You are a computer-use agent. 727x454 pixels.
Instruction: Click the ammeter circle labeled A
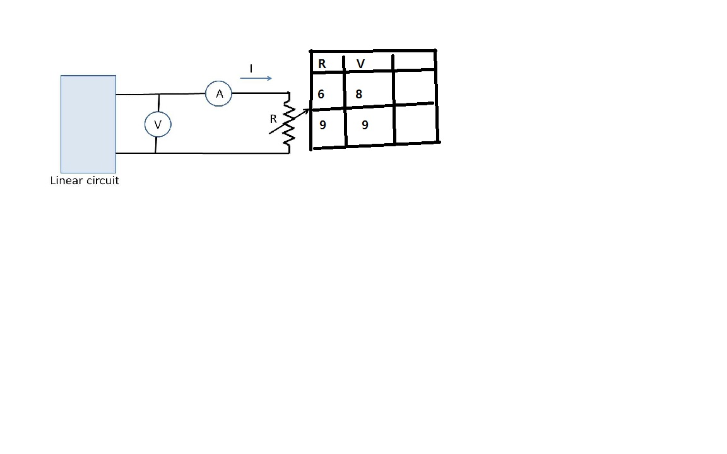[218, 94]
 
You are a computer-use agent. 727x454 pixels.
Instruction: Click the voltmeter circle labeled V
[158, 125]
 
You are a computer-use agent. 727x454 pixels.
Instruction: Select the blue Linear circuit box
[88, 124]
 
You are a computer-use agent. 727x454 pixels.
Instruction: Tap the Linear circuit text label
[85, 180]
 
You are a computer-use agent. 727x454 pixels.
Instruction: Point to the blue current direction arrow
[256, 78]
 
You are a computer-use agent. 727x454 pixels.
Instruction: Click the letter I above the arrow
[251, 68]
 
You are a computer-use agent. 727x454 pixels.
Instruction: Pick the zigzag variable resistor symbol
[289, 124]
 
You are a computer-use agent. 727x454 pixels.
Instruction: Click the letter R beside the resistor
[273, 119]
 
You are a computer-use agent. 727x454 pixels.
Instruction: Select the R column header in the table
[322, 64]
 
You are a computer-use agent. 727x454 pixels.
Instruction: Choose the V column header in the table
[360, 64]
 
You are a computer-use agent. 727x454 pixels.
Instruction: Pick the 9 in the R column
[322, 125]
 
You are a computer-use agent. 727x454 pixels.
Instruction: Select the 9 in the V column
[365, 125]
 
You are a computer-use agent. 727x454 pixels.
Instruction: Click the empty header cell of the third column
[414, 61]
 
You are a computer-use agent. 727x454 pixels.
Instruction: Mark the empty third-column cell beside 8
[414, 88]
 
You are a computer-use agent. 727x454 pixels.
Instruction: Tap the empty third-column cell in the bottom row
[416, 124]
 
